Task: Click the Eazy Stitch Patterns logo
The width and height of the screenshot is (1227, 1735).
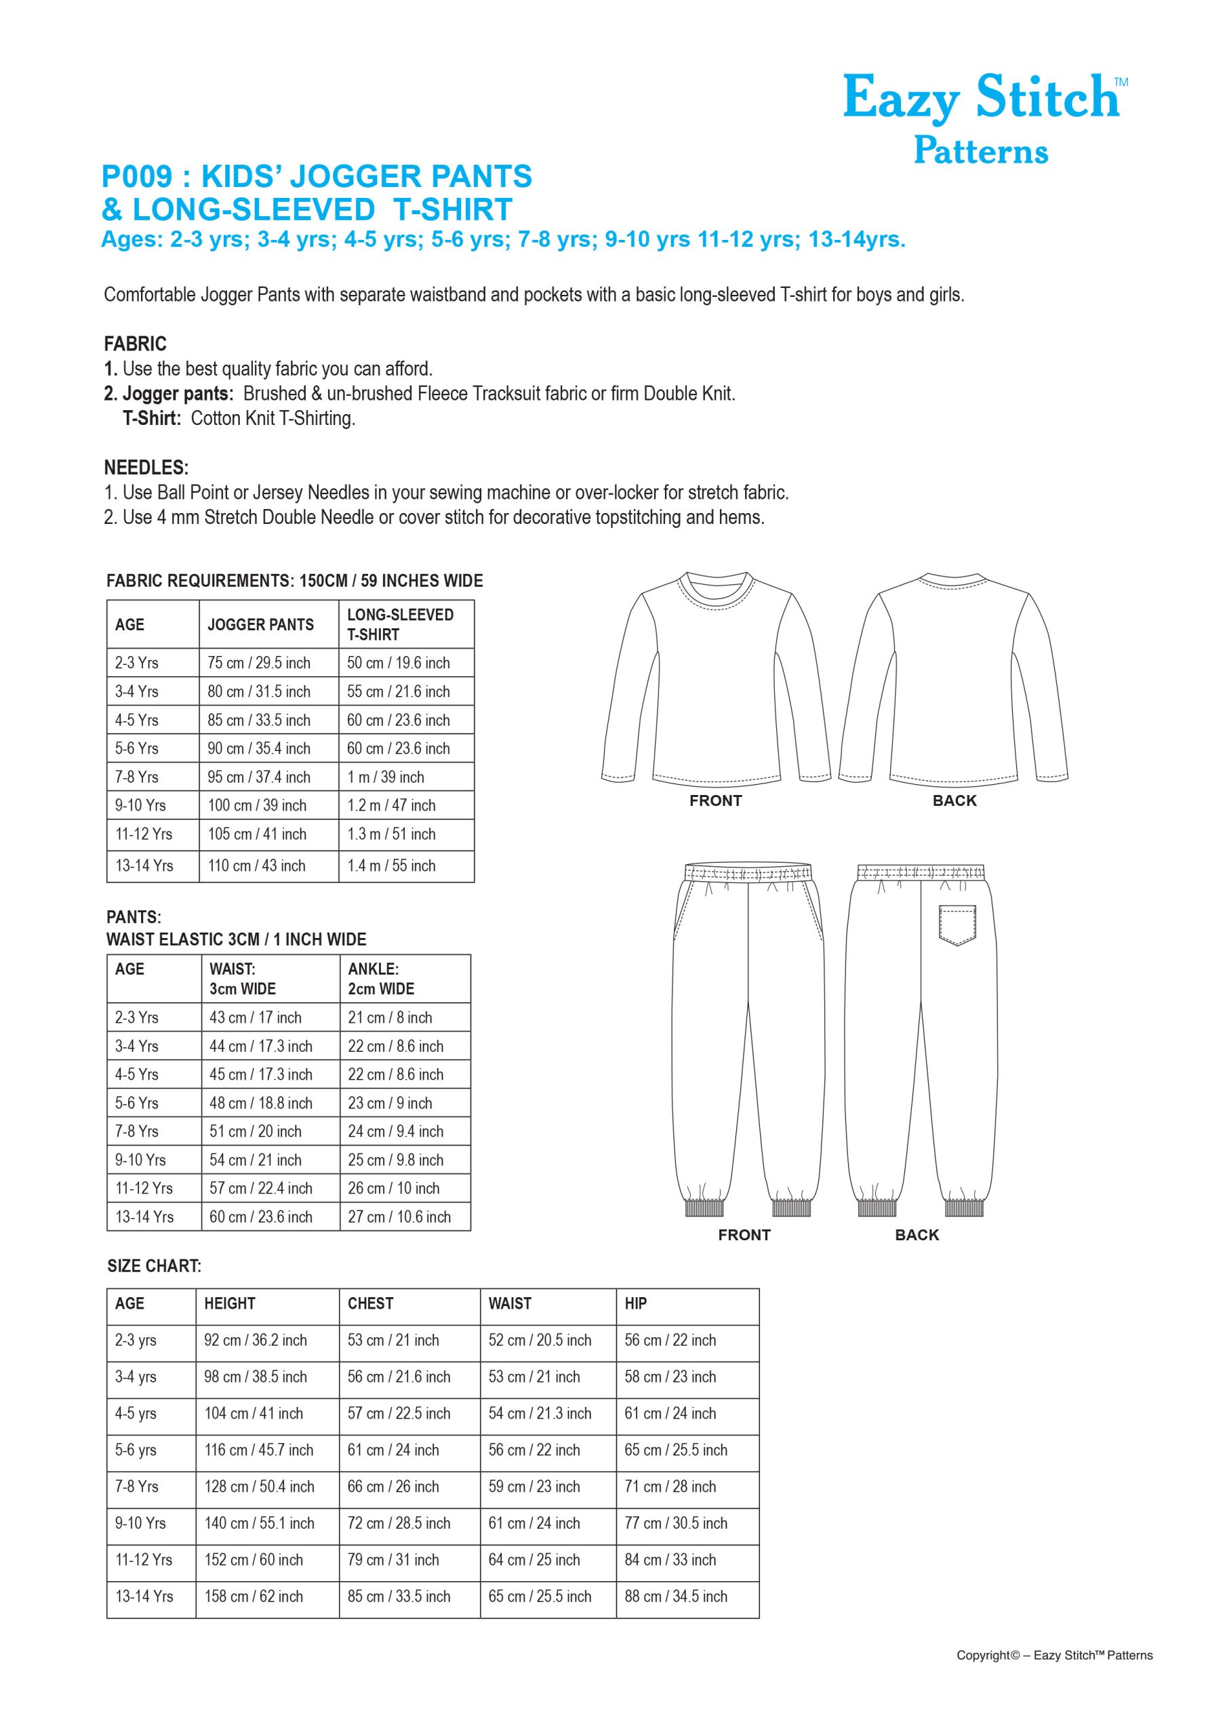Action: click(983, 118)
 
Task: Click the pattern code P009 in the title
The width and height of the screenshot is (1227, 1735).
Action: click(137, 177)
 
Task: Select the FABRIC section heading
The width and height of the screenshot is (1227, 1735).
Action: click(135, 344)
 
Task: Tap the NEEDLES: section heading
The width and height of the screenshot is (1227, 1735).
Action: click(146, 467)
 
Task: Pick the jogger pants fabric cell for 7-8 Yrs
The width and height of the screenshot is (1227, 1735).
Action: click(258, 777)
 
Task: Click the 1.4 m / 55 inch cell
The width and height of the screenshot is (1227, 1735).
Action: click(391, 865)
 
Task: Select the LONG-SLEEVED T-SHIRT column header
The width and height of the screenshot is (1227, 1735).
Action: click(400, 624)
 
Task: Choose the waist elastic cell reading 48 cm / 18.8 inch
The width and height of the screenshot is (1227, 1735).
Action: click(260, 1103)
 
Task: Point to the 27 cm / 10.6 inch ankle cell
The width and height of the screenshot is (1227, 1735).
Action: click(399, 1217)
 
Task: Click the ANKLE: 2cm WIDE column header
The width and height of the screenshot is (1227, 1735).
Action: click(381, 979)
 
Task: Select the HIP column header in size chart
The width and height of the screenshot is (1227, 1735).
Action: click(635, 1303)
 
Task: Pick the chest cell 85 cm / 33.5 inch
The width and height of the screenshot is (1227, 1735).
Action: click(399, 1597)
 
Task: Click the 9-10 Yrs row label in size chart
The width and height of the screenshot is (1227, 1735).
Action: click(140, 1523)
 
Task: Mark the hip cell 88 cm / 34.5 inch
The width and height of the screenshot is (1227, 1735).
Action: click(675, 1597)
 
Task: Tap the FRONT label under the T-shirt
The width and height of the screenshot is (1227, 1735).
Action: click(715, 800)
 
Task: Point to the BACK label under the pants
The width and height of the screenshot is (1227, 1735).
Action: click(917, 1235)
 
